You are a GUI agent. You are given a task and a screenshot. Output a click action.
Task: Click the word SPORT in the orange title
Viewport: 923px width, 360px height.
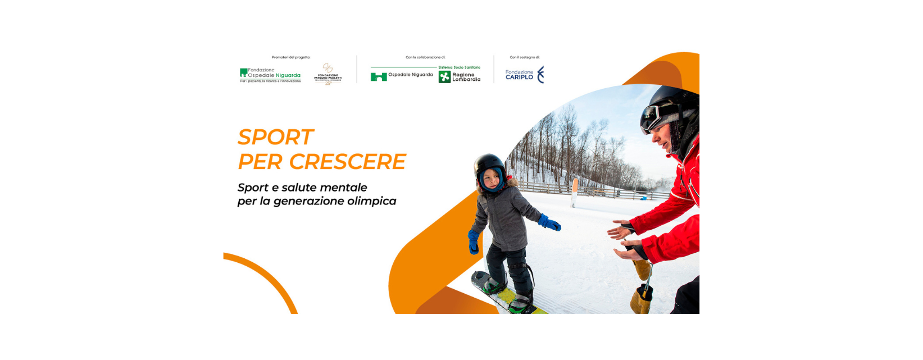(x=275, y=137)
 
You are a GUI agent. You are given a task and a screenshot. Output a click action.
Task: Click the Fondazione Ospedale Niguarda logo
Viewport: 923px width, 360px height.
(x=270, y=75)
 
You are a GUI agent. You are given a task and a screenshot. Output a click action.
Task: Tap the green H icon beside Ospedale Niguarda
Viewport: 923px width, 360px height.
(x=379, y=76)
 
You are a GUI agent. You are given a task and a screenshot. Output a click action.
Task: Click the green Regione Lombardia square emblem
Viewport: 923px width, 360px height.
(x=444, y=77)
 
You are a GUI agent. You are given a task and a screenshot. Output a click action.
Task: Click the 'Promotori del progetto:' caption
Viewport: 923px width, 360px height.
(x=291, y=57)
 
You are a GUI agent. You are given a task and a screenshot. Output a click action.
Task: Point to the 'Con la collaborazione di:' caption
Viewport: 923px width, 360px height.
(x=425, y=57)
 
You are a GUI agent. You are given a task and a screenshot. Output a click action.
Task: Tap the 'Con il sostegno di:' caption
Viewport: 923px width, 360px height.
(x=525, y=57)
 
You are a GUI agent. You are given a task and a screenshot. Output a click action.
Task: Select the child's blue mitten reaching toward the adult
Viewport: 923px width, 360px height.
(x=550, y=223)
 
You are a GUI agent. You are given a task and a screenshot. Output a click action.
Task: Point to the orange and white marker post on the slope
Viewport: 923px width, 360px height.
(x=574, y=192)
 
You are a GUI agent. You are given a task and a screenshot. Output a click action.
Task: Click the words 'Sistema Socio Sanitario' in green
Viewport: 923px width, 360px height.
(x=459, y=67)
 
